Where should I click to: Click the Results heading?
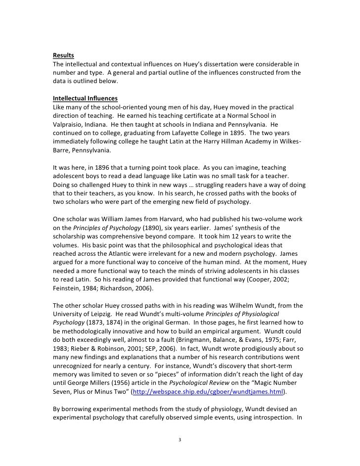(63, 55)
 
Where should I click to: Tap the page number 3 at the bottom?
(180, 438)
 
